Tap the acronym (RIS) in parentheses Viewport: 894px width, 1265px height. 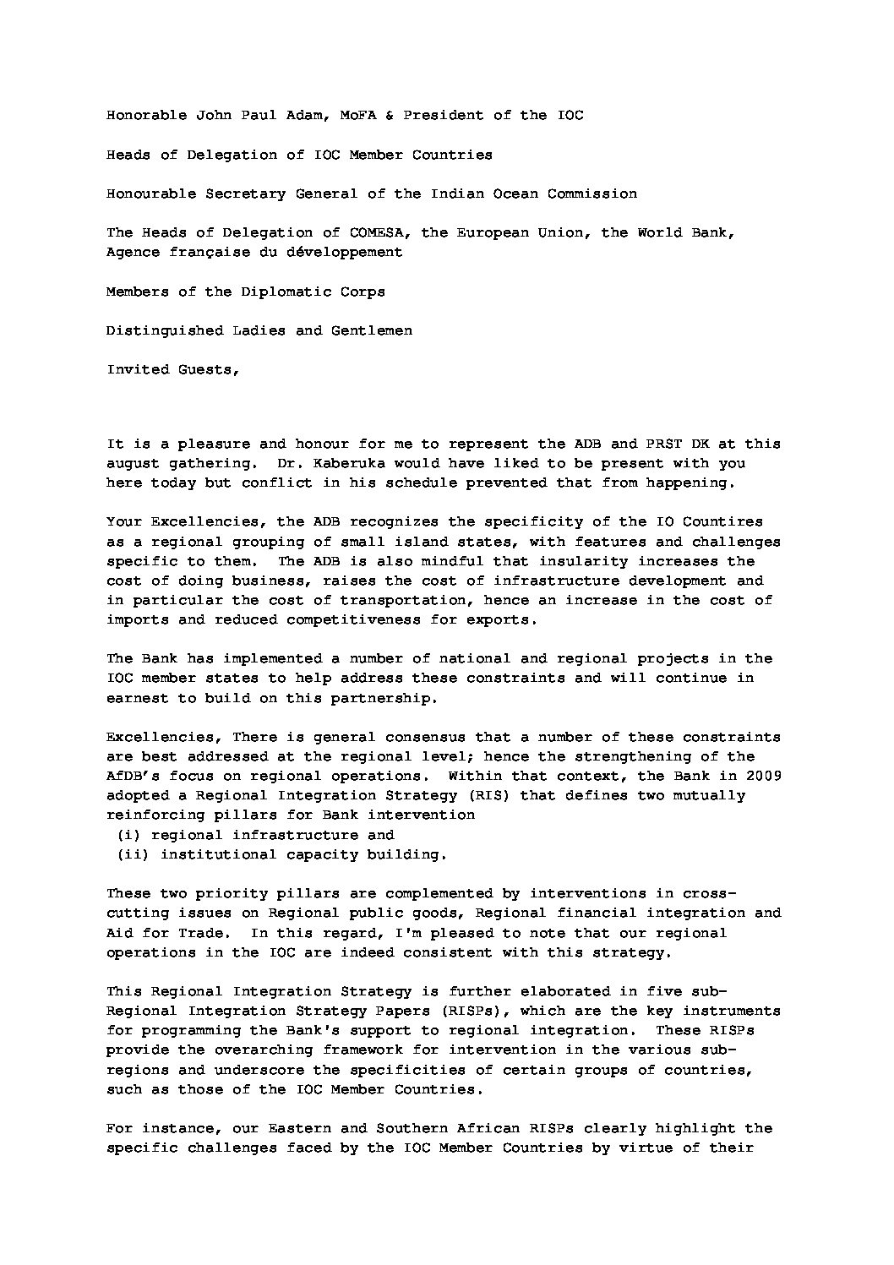pyautogui.click(x=484, y=795)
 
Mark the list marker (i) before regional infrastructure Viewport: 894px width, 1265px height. pyautogui.click(x=128, y=835)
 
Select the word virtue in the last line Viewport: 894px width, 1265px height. pyautogui.click(x=646, y=1148)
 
